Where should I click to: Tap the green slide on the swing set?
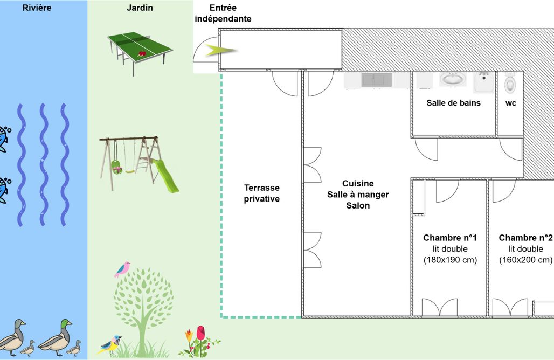(165, 176)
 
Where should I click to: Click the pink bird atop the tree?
(122, 269)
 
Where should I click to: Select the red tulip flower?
(200, 333)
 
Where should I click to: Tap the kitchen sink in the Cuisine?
(377, 80)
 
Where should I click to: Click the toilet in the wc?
(510, 84)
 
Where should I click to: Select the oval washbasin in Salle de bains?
(452, 79)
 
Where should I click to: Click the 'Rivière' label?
(37, 8)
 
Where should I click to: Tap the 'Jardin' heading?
(140, 8)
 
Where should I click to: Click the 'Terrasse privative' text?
(262, 193)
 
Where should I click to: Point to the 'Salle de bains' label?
(454, 103)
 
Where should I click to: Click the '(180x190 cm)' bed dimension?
(450, 260)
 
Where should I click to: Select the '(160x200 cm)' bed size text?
(526, 260)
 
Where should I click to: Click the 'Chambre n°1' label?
(450, 238)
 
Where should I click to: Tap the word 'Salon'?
(358, 206)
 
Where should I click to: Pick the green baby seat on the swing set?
(116, 167)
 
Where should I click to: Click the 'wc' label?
(511, 103)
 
